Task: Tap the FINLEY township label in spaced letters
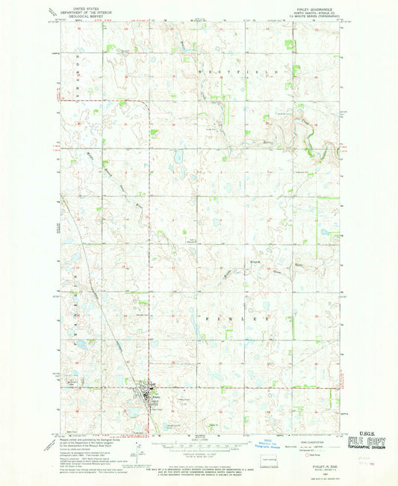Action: (239, 319)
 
